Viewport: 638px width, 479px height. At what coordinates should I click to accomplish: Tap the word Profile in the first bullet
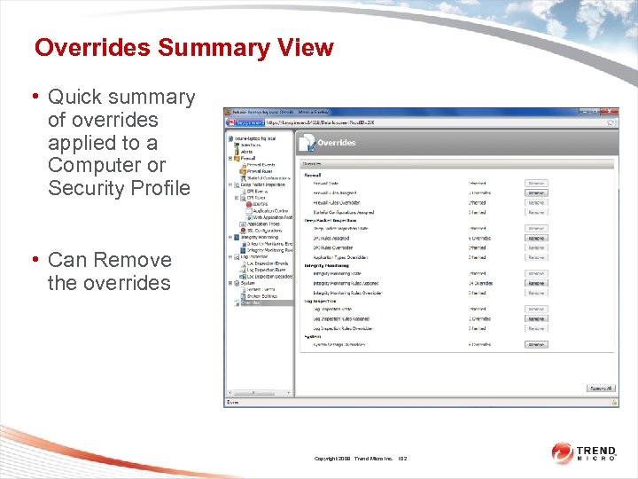point(159,188)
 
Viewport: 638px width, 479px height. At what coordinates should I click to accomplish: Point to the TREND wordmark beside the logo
point(596,450)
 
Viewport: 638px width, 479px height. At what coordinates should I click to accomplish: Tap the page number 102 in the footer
point(403,458)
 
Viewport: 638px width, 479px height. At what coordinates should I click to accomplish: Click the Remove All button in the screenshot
point(600,389)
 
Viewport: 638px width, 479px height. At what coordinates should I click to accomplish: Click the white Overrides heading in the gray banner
point(337,142)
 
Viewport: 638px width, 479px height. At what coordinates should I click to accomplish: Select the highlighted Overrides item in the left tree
point(252,302)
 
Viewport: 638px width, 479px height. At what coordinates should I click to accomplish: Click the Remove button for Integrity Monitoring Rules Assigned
point(536,283)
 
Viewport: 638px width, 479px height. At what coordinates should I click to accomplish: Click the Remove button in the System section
point(536,344)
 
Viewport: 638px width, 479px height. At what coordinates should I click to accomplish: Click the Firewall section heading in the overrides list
point(313,175)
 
